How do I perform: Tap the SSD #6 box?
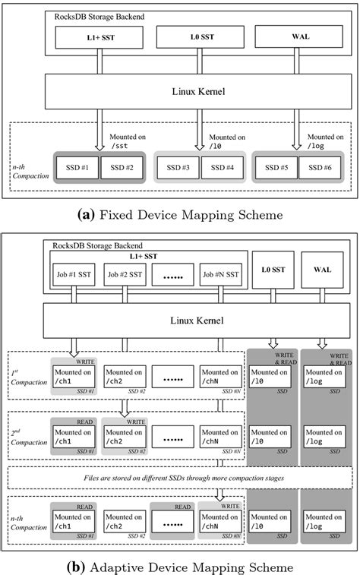click(x=316, y=167)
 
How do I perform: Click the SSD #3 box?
click(x=177, y=167)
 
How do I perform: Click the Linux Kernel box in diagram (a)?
click(x=179, y=92)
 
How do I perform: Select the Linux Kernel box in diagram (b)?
click(x=179, y=322)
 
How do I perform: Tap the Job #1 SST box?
click(x=74, y=274)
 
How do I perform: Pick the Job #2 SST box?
click(x=124, y=274)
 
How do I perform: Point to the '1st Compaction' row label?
click(x=27, y=378)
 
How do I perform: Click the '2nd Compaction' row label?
click(x=27, y=438)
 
